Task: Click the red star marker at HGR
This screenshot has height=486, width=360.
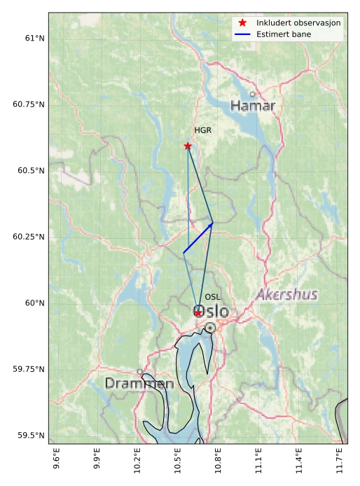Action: point(188,146)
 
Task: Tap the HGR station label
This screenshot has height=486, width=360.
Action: point(203,130)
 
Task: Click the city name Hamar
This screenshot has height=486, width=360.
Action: point(253,106)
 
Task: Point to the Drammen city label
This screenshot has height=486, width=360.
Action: point(139,384)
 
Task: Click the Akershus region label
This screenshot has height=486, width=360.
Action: point(286,295)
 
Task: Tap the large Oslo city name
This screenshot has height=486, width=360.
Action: point(210,311)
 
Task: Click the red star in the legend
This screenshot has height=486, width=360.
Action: point(242,23)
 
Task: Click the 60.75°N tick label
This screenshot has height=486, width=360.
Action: point(28,104)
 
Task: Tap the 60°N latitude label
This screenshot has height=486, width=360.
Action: point(34,303)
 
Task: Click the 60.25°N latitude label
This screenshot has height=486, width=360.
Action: point(28,237)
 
